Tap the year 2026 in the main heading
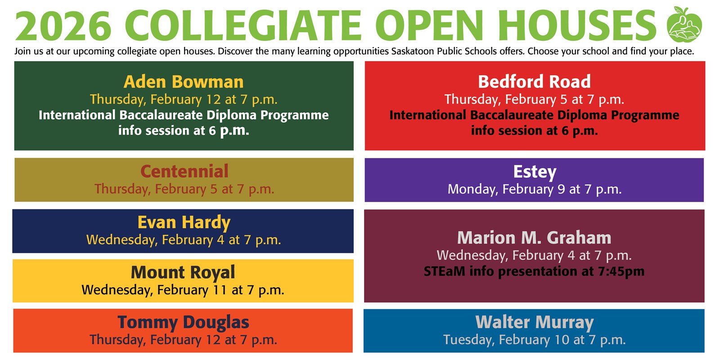coord(63,26)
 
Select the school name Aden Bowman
coord(184,82)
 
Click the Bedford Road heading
coord(534,81)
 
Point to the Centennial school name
coord(184,171)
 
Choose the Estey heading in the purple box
coord(535,171)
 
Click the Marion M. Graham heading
coord(534,238)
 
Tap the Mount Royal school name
coord(183,272)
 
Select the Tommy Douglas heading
coord(183,322)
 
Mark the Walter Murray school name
coord(535,322)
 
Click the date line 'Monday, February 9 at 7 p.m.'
coord(535,189)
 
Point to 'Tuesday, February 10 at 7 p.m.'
coord(535,340)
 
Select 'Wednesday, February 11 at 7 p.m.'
coord(183,290)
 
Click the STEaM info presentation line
coord(534,271)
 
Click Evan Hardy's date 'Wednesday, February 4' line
coord(184,240)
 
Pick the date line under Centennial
coord(184,189)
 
